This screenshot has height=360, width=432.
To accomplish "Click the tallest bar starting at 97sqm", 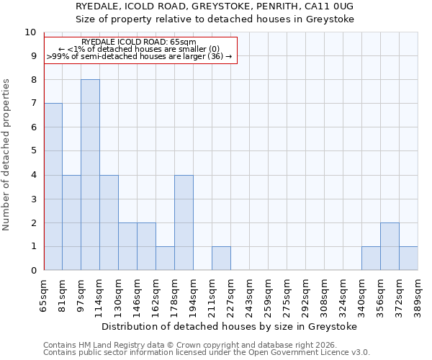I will coord(90,175).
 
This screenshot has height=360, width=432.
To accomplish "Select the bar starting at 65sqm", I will coord(53,186).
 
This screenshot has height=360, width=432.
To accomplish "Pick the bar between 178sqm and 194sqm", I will coord(184,222).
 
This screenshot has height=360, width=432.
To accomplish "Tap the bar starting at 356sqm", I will coord(390,246).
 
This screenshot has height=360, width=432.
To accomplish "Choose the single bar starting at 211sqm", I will coord(221,258).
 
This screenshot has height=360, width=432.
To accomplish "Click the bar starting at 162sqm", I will coord(165,258).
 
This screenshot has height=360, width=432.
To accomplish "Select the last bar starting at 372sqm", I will coord(408,258).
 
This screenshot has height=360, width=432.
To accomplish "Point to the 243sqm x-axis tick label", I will coord(250,294).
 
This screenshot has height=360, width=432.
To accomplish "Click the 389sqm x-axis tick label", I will coord(418,294).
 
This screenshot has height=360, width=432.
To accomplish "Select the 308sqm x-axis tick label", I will coord(325,294).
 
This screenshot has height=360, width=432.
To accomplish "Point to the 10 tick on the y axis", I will coord(30,32).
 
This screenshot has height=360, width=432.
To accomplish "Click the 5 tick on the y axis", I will coord(33,151).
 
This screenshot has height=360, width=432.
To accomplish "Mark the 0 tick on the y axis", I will coord(33,271).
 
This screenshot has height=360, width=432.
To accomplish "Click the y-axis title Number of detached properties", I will coord(7,155).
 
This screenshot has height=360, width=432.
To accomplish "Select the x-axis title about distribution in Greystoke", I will coord(230,326).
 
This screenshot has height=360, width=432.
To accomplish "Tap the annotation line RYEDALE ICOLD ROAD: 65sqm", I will coord(139,42).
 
